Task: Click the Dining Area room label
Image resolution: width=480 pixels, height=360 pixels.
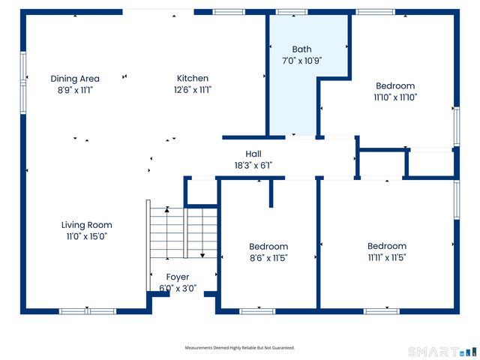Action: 75,79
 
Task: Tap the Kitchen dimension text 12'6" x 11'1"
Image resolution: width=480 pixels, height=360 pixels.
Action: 193,90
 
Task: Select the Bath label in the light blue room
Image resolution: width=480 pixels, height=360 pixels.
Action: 301,49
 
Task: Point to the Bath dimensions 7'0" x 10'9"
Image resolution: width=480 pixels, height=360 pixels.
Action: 301,61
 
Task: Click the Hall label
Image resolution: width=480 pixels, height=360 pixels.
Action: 253,154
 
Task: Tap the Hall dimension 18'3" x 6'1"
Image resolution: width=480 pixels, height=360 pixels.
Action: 253,165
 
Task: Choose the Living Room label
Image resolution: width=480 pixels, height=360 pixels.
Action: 87,225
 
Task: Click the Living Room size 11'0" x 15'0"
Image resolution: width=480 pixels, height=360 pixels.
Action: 87,236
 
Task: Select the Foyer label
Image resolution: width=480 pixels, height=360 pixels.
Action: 178,277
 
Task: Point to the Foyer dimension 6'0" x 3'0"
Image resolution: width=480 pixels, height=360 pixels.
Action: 178,288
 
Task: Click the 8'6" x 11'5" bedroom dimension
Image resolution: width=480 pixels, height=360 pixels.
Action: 268,258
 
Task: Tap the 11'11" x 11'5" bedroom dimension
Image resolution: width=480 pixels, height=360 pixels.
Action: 387,257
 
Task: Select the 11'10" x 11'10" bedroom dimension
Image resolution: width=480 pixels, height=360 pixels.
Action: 395,97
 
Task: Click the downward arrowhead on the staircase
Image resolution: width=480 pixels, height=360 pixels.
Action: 202,255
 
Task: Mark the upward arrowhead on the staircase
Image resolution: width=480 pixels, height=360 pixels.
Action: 166,210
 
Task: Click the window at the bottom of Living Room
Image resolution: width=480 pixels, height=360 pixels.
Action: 88,311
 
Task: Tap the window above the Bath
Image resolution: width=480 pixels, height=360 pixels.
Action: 292,12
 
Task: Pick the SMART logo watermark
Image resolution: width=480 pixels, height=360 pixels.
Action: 442,352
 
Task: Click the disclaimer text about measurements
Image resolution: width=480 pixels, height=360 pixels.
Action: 240,348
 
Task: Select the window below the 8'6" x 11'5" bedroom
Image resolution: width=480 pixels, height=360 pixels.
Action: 257,311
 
